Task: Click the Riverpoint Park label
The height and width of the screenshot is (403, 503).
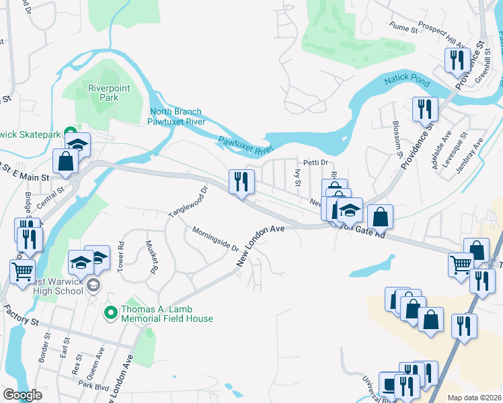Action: [x=103, y=92]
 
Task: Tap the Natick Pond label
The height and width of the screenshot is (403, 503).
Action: [x=407, y=81]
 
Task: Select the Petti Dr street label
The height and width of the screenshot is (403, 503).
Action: [x=314, y=163]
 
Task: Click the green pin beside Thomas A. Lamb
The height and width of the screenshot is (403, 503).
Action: [x=110, y=312]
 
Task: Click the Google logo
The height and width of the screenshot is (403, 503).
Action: [x=22, y=395]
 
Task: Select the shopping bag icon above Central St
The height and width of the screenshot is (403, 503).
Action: [x=65, y=162]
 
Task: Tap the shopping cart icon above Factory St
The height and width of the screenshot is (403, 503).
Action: [x=22, y=272]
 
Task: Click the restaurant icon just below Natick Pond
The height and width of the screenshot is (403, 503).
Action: [x=425, y=109]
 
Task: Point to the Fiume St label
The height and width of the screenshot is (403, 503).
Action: [x=403, y=27]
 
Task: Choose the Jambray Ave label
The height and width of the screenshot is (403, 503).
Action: [x=469, y=156]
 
